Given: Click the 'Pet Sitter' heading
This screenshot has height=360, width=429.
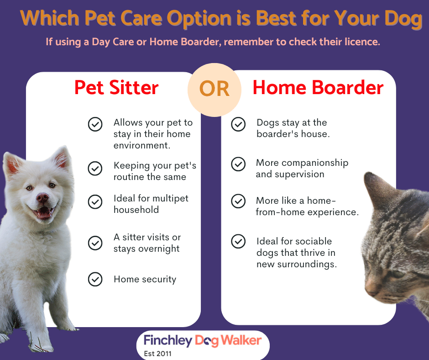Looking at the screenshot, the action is coord(116,88).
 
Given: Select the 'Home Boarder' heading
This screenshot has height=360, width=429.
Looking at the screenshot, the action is coord(318,88).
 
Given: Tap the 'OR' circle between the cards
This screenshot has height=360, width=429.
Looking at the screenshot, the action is coord(214,90).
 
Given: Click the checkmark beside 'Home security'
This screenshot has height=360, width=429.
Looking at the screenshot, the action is coord(95,279).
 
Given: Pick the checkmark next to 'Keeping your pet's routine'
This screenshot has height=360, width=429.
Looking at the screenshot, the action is coord(95,168).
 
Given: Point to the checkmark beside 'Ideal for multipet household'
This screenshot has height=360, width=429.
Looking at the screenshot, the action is coord(95,202).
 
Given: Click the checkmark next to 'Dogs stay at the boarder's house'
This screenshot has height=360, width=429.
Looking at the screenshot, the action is coord(238,124).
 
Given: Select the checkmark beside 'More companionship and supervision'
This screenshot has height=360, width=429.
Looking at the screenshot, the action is coord(238,164).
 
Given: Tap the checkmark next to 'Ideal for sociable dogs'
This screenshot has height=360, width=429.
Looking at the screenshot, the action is coord(238,241).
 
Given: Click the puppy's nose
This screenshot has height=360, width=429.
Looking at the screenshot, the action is coord(42,197).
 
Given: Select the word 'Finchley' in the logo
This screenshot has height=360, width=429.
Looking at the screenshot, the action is coord(168,340).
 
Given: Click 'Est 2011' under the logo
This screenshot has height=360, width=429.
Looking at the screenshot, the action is coord(157,354).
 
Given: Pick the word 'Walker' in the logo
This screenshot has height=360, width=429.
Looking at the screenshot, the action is coord(241,340).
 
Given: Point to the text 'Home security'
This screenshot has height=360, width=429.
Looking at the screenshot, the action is coord(145,280).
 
